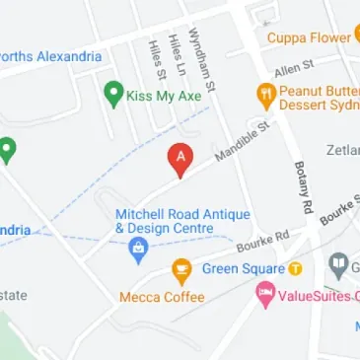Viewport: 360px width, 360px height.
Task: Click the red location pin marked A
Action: pos(180,159)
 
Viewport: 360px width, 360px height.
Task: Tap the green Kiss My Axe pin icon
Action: pos(112,95)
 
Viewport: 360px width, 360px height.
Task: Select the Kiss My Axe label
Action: pos(165,96)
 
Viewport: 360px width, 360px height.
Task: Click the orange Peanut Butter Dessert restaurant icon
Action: pos(264,95)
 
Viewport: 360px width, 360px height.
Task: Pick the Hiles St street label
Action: pos(154,59)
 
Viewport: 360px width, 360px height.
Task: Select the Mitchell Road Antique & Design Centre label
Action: pos(181,221)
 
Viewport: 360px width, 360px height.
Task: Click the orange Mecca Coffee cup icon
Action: pos(181,268)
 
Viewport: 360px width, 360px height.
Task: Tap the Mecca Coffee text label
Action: pos(162,296)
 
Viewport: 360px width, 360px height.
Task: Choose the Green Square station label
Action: pos(243,269)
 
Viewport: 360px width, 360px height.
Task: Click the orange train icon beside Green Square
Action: pos(294,269)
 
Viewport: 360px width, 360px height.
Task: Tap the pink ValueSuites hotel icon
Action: pos(264,294)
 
